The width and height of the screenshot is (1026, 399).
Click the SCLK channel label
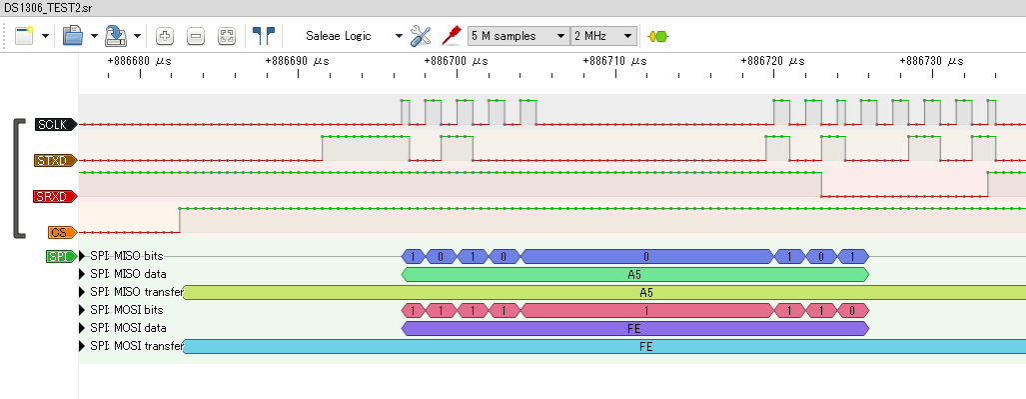click(54, 125)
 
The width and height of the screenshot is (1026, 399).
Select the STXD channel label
click(54, 161)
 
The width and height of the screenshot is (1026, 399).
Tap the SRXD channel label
click(54, 197)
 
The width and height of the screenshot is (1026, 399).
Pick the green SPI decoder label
click(57, 256)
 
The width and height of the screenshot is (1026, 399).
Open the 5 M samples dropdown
click(517, 36)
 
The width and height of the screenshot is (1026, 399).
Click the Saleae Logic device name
click(339, 36)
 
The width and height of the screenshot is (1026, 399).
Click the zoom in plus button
click(165, 36)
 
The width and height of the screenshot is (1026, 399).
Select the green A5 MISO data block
click(634, 274)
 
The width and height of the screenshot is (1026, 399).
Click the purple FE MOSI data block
click(634, 328)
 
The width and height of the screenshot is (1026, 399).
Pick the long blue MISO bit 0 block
click(646, 256)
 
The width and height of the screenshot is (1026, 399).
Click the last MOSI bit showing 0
click(852, 310)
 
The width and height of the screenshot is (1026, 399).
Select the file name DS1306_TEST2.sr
click(48, 7)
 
